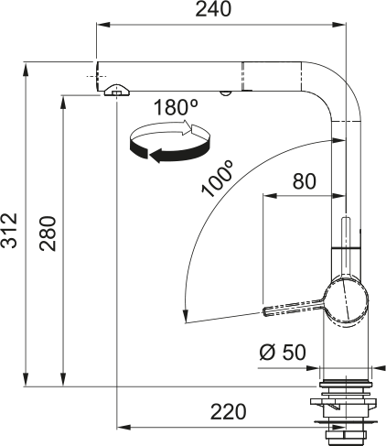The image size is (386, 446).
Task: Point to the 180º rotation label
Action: tap(176, 107)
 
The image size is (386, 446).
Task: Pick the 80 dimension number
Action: tap(304, 181)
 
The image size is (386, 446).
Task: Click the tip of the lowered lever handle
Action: tap(267, 310)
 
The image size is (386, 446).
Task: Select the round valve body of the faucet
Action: tap(348, 301)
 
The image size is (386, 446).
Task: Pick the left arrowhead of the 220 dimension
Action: tap(123, 427)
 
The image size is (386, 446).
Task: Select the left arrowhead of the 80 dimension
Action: tap(267, 195)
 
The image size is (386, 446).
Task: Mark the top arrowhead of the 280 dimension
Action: tap(62, 96)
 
